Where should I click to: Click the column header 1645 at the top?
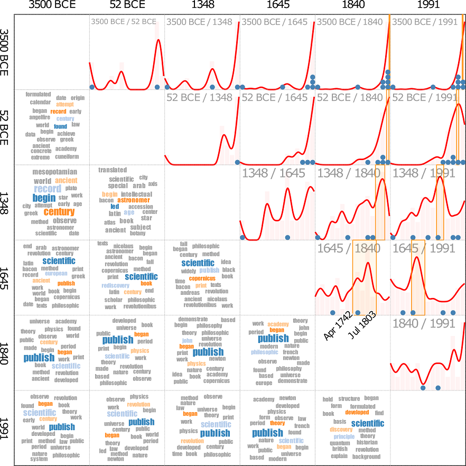tap(277, 6)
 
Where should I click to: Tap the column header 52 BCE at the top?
tap(127, 6)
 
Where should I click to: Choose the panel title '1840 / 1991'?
tap(424, 323)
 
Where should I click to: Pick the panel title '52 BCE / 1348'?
tap(199, 97)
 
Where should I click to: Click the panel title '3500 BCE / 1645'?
tap(274, 22)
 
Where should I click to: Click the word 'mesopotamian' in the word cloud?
tap(54, 172)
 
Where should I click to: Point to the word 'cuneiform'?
tap(67, 156)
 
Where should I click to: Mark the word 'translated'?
tap(113, 170)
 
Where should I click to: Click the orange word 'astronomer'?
tap(134, 200)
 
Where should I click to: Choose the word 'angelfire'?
tap(40, 117)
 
